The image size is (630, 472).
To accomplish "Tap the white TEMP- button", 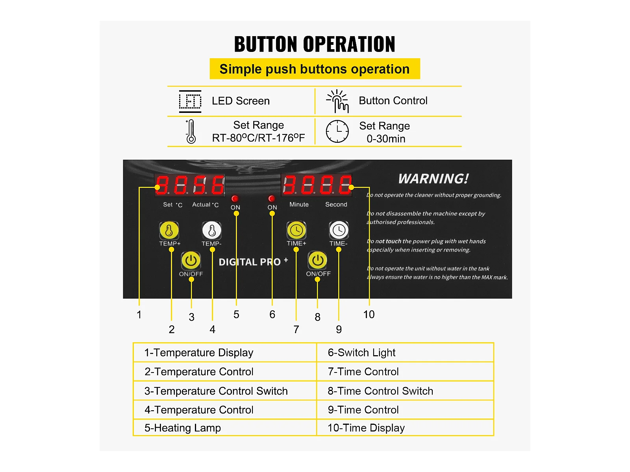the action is pyautogui.click(x=211, y=230).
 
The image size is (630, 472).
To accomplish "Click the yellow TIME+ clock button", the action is pyautogui.click(x=296, y=230).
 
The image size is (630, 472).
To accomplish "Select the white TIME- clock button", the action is pyautogui.click(x=339, y=230).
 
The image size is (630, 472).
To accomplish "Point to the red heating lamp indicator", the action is pyautogui.click(x=235, y=199).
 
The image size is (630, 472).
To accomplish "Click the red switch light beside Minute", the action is pyautogui.click(x=272, y=198).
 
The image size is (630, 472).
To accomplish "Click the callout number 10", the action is pyautogui.click(x=369, y=314).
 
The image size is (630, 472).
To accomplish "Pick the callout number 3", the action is pyautogui.click(x=191, y=317).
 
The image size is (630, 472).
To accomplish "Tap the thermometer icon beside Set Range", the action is pyautogui.click(x=191, y=131).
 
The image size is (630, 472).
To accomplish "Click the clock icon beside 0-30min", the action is pyautogui.click(x=337, y=131).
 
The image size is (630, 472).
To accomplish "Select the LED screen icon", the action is pyautogui.click(x=190, y=101).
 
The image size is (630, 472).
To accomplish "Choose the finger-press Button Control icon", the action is pyautogui.click(x=337, y=101).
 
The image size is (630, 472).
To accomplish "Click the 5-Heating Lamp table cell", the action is pyautogui.click(x=225, y=428).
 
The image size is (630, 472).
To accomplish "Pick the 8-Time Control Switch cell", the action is pyautogui.click(x=405, y=391).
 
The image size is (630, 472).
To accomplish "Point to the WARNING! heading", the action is pyautogui.click(x=434, y=179).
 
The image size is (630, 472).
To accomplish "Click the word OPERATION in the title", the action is pyautogui.click(x=349, y=44).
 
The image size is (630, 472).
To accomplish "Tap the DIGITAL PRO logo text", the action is pyautogui.click(x=253, y=262).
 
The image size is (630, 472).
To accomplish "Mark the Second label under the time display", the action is pyautogui.click(x=336, y=204).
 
